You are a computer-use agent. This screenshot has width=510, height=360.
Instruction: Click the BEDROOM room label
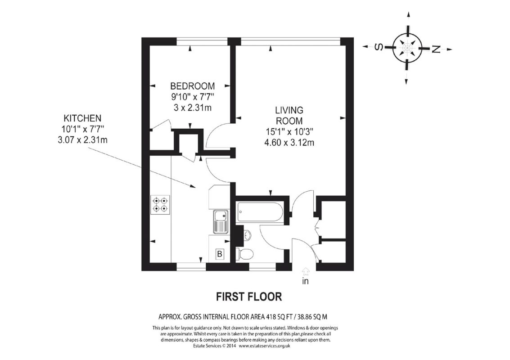pos(192,86)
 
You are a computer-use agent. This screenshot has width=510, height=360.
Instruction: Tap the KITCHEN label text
pos(81,118)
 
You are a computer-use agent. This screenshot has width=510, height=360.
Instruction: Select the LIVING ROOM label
pos(289,115)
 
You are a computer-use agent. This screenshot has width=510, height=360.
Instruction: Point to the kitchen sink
pos(221,222)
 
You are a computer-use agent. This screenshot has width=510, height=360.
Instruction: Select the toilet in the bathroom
pos(244,254)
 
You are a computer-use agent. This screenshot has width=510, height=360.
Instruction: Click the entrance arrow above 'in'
pos(306,271)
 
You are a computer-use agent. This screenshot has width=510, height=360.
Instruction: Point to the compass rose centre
pos(407,47)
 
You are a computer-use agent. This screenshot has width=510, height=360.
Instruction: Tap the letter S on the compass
pos(379,47)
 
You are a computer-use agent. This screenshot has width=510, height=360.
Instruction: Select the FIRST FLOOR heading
pos(249,297)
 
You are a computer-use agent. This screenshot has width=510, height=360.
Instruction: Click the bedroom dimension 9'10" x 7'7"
pos(192,97)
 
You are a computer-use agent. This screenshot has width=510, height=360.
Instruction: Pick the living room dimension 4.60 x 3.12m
pos(289,143)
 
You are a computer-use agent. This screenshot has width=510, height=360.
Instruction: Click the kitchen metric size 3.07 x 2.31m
pos(80,139)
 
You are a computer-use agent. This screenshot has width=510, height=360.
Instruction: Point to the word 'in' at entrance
pos(306,282)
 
